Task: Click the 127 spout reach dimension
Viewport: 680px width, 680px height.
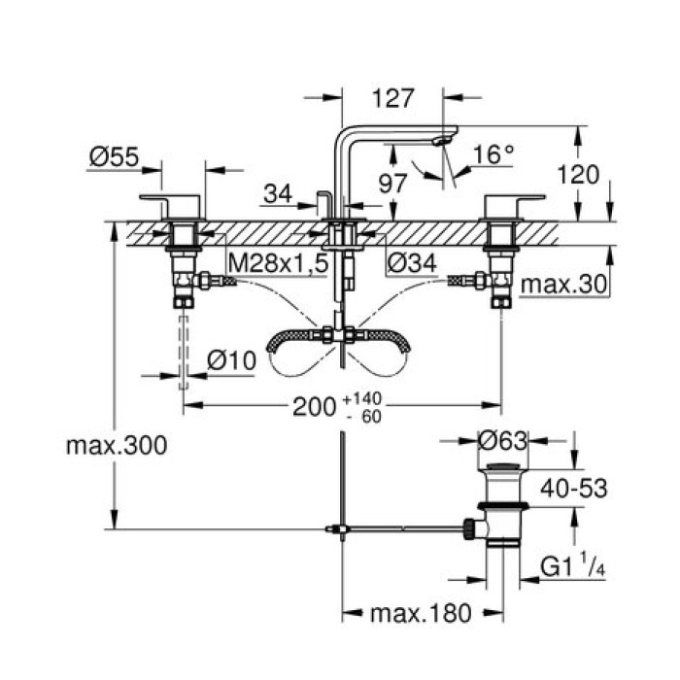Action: point(393,98)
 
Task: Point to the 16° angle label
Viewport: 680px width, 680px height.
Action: point(493,154)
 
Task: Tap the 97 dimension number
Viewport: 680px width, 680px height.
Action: point(391,182)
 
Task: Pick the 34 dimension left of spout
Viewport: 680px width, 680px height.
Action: point(277,194)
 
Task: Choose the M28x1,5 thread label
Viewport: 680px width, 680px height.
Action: point(276,263)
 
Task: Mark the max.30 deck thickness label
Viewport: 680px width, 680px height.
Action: point(563,285)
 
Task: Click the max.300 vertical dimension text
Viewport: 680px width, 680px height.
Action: point(117,446)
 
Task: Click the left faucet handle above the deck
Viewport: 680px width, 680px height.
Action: point(172,205)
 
